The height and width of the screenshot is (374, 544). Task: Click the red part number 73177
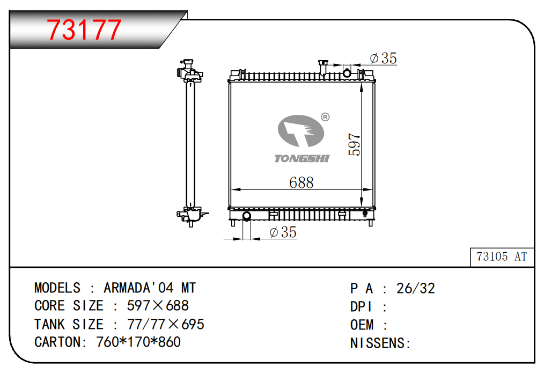pos(84,30)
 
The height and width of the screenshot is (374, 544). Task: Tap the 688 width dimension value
pos(301,182)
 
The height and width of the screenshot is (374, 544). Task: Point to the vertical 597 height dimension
pos(354,144)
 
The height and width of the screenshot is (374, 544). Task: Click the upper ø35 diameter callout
pos(384,58)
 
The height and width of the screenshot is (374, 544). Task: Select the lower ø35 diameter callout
pos(283,232)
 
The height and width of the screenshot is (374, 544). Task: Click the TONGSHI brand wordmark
pos(302,158)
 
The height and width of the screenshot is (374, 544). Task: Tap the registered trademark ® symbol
pos(325,117)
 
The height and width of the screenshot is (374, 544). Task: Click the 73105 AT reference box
pos(502,256)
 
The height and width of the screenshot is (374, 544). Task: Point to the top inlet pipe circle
pos(347,73)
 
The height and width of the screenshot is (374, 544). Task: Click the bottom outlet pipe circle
pos(246,216)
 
